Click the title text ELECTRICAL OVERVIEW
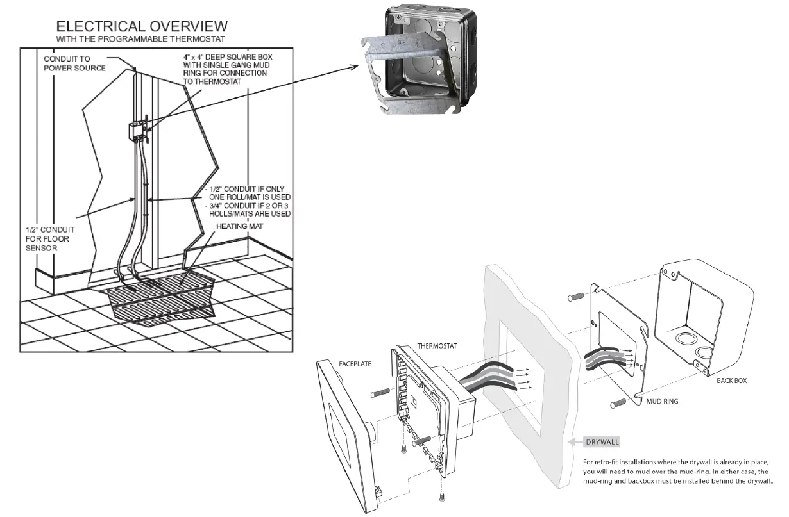(141, 26)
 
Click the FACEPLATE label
(355, 363)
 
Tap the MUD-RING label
(663, 402)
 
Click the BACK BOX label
(731, 381)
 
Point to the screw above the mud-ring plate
(575, 297)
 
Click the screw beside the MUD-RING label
(617, 404)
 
